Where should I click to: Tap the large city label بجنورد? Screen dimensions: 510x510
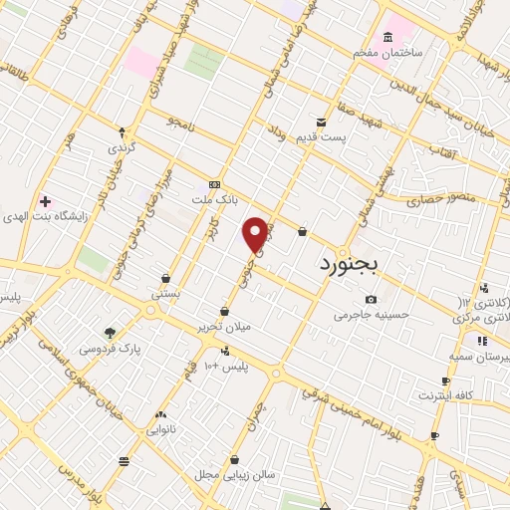point(357,265)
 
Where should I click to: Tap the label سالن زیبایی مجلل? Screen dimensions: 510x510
point(235,474)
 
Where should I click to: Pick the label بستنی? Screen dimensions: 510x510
point(165,294)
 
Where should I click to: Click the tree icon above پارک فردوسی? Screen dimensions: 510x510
point(109,333)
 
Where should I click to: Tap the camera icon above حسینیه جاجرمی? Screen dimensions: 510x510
point(371,299)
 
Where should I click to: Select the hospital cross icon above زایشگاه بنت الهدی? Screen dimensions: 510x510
point(44,200)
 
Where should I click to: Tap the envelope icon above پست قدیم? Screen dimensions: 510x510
point(321,121)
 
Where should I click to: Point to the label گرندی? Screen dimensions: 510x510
point(122,146)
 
